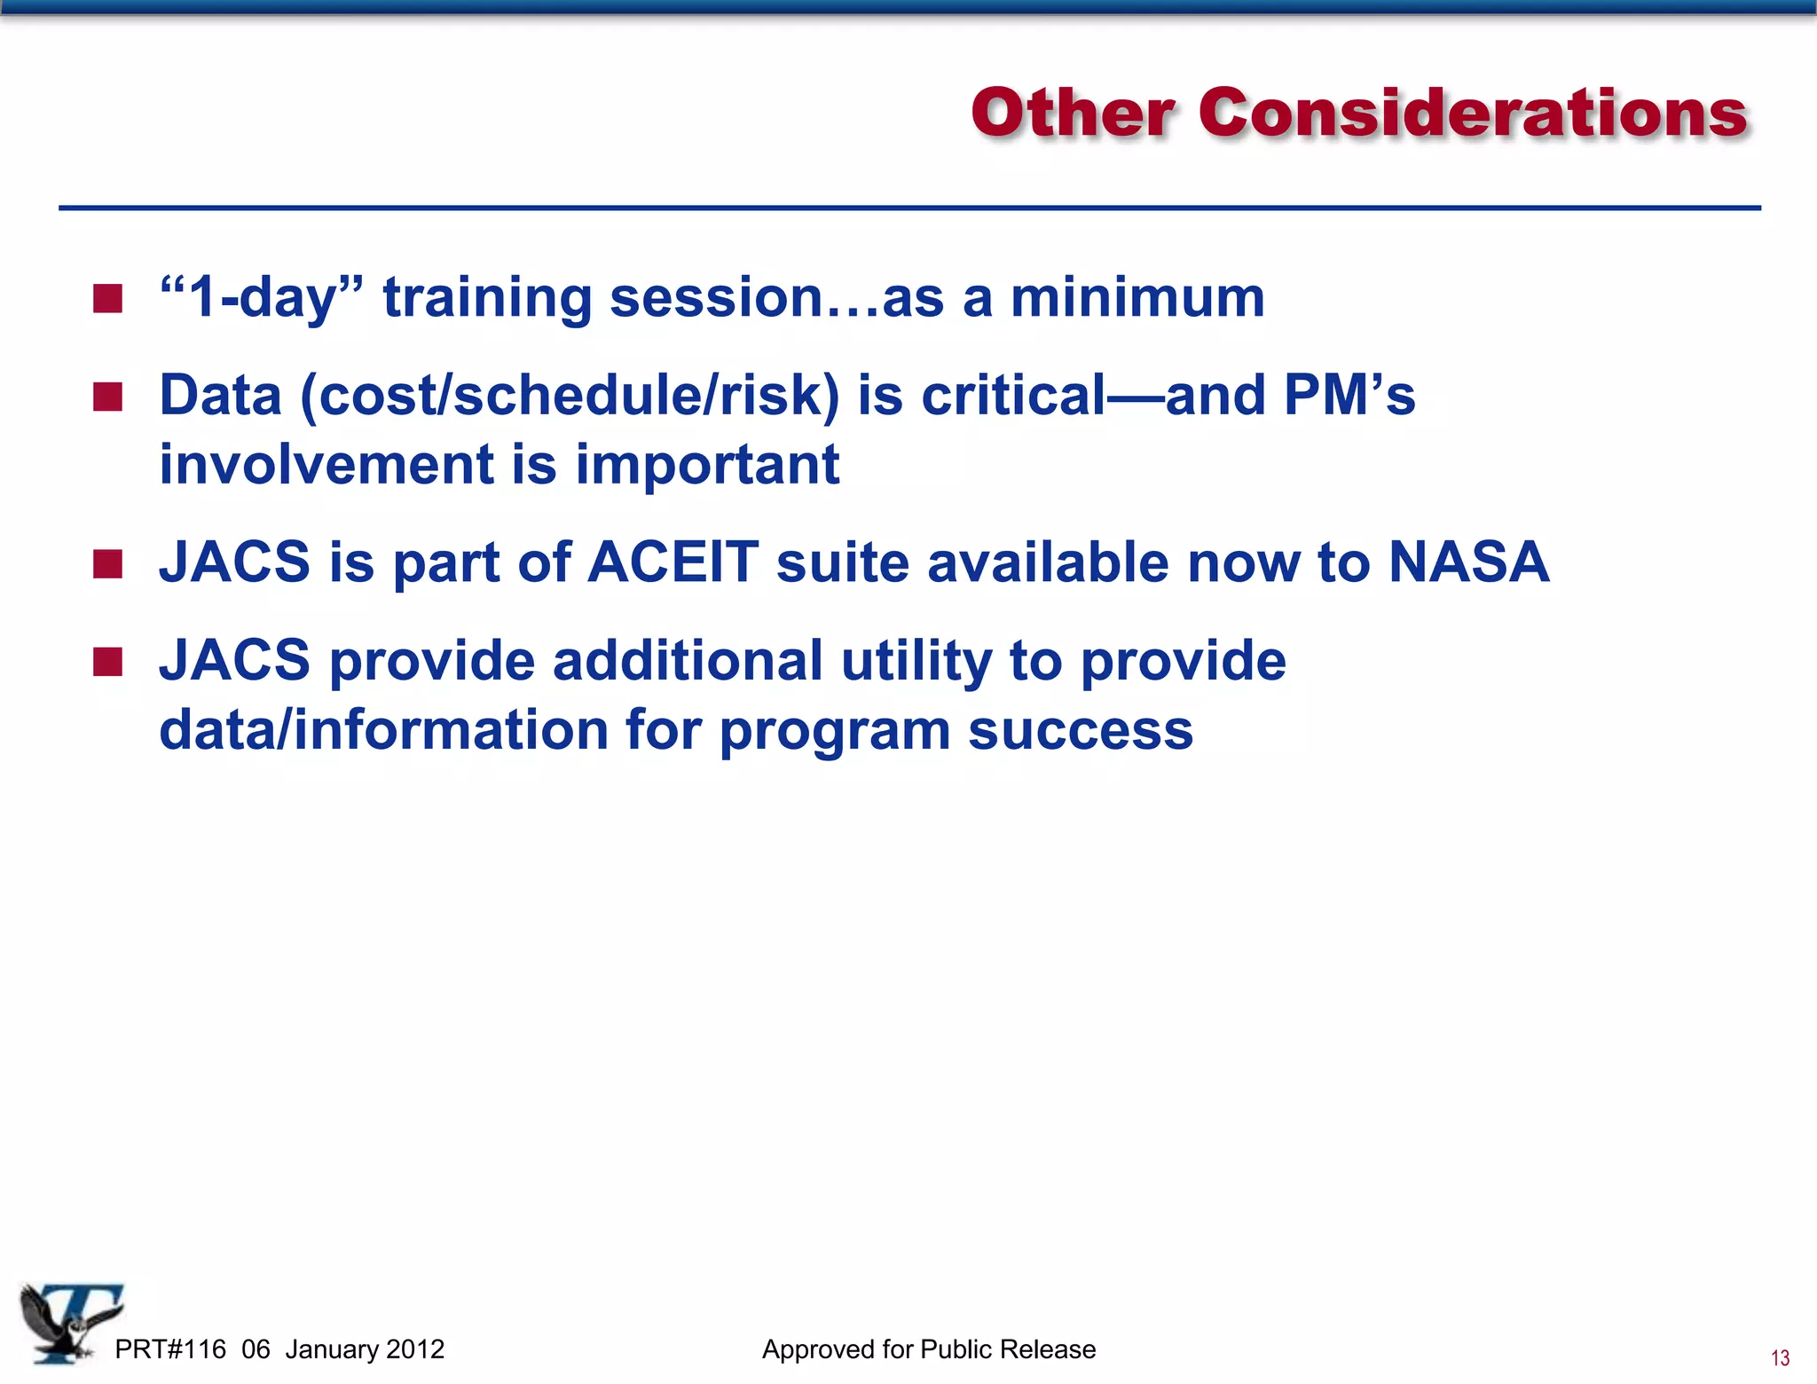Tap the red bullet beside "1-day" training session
[x=107, y=299]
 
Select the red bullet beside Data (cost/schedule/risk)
[x=107, y=397]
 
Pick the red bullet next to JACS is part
[x=107, y=563]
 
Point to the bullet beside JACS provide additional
[x=107, y=661]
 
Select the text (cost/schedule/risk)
[x=570, y=396]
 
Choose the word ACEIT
[x=673, y=562]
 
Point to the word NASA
[x=1468, y=562]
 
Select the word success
[x=1080, y=730]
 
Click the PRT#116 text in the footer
[x=170, y=1349]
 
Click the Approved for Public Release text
[x=929, y=1349]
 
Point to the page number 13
[x=1780, y=1358]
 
